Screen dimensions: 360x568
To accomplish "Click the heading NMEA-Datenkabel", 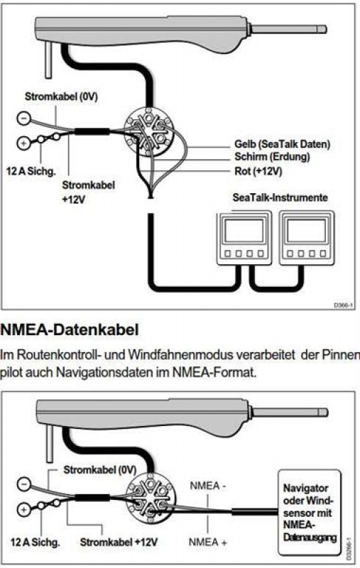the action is click(70, 330).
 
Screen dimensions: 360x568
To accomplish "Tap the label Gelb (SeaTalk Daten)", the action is click(282, 144).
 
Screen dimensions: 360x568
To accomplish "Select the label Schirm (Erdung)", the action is click(272, 157).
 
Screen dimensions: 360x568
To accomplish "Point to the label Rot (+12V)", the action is click(258, 171).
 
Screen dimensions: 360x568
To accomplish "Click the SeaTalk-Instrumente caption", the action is click(280, 197).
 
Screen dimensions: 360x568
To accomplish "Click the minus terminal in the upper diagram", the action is click(24, 119).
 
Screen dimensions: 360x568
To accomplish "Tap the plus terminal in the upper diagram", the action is click(23, 143).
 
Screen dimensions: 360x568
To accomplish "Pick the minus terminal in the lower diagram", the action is click(24, 484).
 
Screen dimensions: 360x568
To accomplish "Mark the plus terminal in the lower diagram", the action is click(24, 510).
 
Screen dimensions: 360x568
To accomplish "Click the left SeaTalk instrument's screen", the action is click(244, 231).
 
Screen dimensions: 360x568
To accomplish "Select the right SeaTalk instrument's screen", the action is click(307, 231).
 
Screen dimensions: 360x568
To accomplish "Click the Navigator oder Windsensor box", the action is click(310, 513).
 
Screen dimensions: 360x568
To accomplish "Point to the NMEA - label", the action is click(207, 486).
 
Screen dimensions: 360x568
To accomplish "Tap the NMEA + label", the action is click(208, 542).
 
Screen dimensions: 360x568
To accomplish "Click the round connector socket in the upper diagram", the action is click(148, 132).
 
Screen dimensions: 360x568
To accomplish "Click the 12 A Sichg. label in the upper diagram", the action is click(31, 171).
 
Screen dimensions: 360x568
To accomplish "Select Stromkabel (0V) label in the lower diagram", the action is click(99, 470).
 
